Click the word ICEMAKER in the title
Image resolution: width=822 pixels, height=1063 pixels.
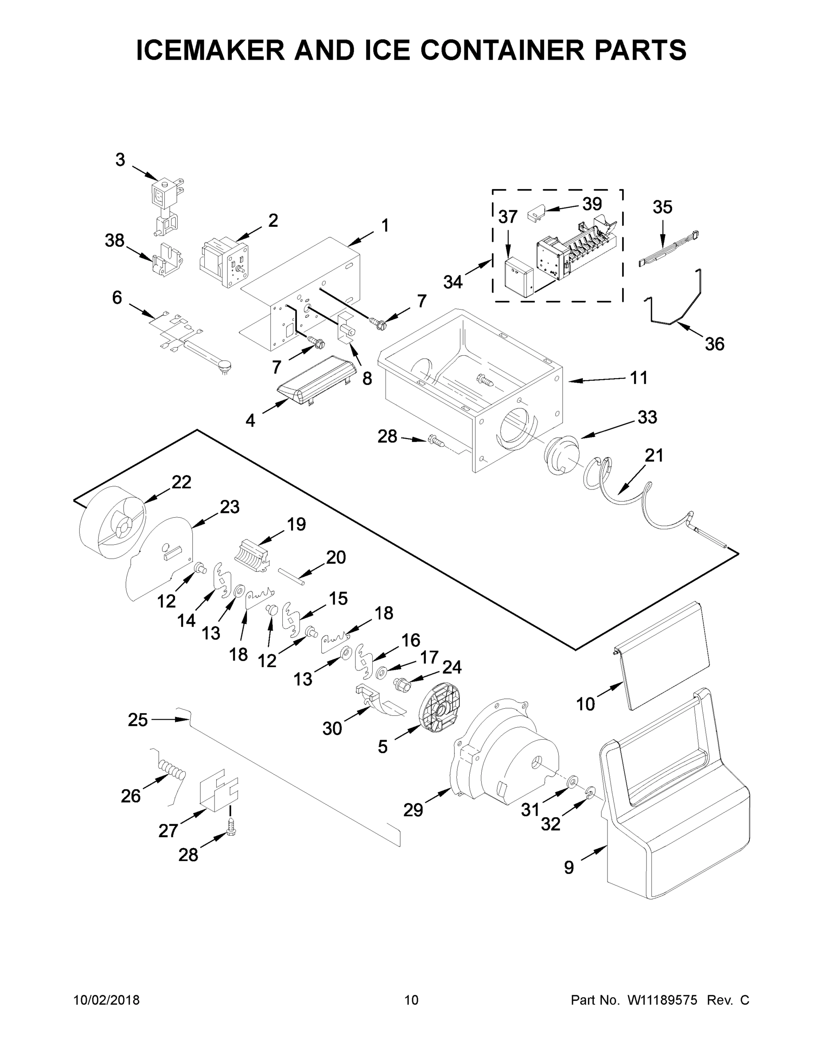[x=210, y=50]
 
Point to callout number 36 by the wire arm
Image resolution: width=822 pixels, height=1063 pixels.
[x=714, y=344]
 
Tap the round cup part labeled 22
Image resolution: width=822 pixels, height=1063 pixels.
[x=111, y=523]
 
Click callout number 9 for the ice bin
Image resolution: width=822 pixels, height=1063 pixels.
[x=569, y=867]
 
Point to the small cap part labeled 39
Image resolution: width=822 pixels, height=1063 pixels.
[x=536, y=214]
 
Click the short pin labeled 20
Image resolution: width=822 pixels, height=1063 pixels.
[x=291, y=576]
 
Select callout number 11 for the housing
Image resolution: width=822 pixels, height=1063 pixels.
[x=639, y=378]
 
